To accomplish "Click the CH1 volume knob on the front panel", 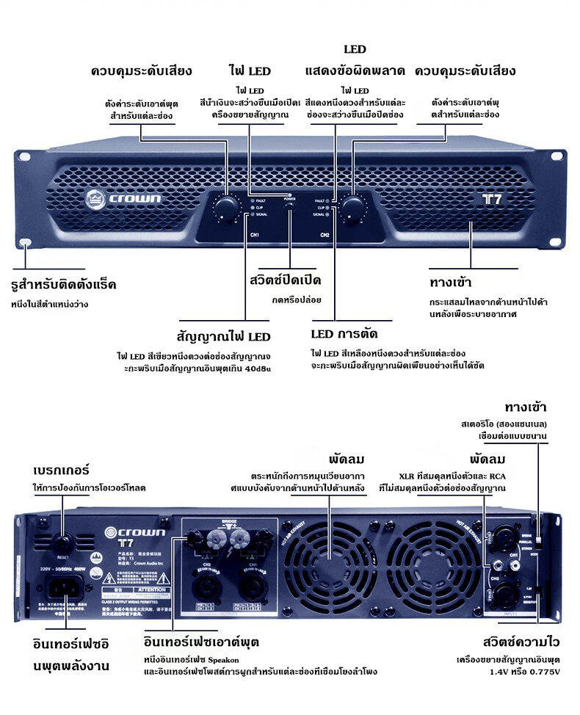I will [228, 206].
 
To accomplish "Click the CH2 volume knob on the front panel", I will [352, 206].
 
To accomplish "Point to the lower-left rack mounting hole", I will [25, 242].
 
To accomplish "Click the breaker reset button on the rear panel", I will [65, 544].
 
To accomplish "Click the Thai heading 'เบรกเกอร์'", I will [60, 469].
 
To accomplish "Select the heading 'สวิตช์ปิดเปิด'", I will [285, 281].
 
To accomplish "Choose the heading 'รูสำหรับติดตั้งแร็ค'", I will [64, 285].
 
